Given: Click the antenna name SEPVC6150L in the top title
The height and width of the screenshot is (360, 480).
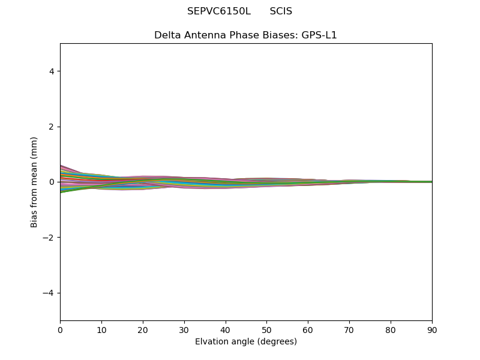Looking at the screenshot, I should point(218,11).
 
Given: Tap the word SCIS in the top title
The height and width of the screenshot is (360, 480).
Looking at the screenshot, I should point(281,11).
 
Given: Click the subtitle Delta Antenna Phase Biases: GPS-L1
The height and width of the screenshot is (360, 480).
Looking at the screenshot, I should point(245,35).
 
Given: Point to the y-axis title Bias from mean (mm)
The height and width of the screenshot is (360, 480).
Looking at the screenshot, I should point(34,182).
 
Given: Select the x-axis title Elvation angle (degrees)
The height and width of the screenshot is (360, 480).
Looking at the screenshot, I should point(245,342).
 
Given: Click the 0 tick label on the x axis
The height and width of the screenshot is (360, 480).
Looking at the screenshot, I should point(60,330).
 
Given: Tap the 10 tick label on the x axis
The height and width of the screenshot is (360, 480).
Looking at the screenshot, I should point(101,330).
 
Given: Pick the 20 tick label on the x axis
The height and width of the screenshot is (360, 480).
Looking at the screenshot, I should point(143,330).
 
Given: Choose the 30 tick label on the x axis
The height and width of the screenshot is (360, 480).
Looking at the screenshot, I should point(184,330).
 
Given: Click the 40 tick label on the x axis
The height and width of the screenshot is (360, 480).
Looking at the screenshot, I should point(226,330).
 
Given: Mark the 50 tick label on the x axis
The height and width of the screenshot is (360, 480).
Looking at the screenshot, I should point(266,330).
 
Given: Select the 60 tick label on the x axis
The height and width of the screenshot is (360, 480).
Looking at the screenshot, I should point(308,330).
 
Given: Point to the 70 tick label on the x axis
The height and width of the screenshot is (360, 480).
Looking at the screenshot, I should point(349,330).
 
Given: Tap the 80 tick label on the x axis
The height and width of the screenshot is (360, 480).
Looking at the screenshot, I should point(391,330).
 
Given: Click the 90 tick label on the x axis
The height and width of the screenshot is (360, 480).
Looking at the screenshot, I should point(432,330).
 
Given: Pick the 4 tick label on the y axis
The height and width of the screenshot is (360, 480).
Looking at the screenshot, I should point(52,71).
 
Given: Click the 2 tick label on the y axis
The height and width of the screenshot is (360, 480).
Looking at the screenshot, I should point(52,127).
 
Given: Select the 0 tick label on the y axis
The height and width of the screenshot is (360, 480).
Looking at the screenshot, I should point(52,182).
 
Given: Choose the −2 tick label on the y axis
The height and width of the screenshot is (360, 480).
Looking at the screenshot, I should point(49,238).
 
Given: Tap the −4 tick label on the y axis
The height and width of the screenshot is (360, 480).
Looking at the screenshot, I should point(49,293).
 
